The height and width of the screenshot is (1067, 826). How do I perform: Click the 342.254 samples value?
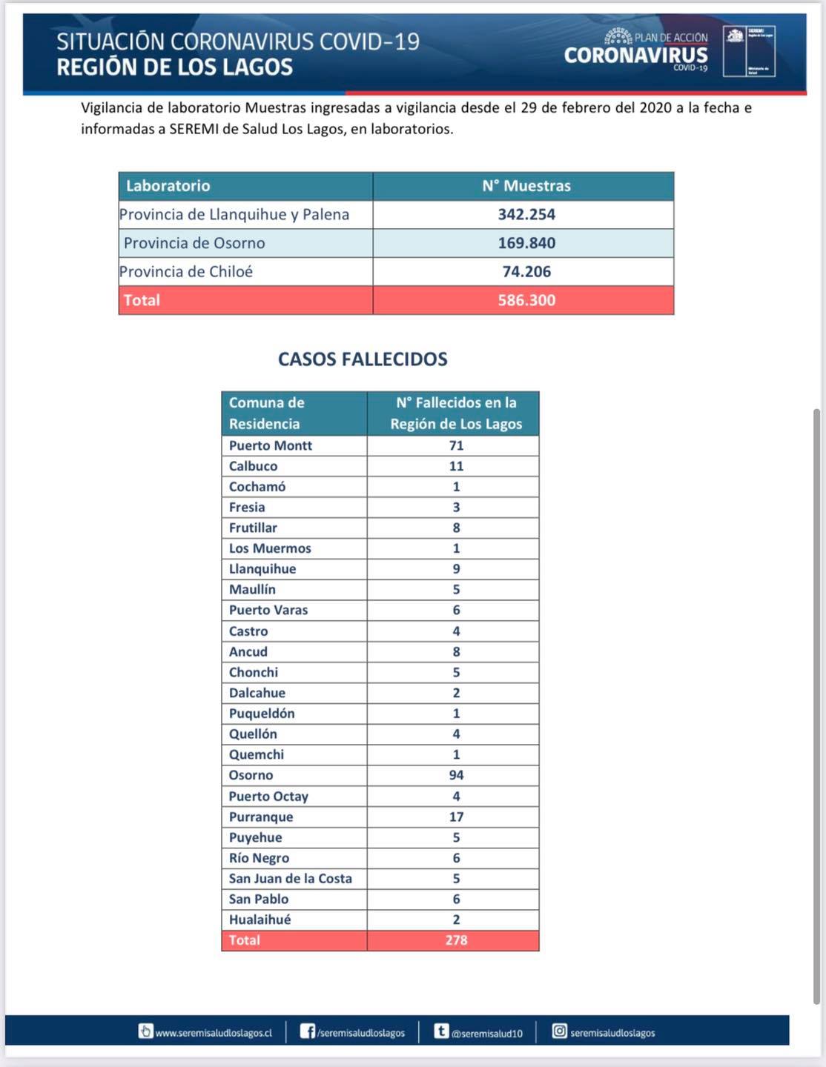coord(526,214)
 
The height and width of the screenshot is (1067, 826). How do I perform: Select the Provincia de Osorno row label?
coord(194,243)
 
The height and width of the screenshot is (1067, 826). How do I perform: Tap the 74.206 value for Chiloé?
coord(526,271)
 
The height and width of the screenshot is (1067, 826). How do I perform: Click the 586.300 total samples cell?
coord(526,300)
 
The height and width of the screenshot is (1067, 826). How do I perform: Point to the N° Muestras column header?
coord(526,186)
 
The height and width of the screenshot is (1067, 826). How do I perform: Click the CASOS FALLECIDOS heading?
coord(363,359)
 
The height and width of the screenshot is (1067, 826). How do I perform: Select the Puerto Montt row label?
coord(270,445)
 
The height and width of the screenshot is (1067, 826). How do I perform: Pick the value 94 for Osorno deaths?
coord(456,775)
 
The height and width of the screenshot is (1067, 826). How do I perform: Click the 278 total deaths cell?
coord(456,940)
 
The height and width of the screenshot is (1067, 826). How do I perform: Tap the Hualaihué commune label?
coord(260,920)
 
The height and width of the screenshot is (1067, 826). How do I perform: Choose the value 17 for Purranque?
coord(456,817)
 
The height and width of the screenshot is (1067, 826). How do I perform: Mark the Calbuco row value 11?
coord(456,466)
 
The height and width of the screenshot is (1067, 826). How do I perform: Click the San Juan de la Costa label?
coord(290,878)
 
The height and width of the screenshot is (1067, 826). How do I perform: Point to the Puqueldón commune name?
coord(261,714)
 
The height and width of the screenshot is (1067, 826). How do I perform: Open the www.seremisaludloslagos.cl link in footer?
coord(214,1032)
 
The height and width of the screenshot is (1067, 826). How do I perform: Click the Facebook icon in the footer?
coord(307,1031)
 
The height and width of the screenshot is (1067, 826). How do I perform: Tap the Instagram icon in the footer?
coord(559,1031)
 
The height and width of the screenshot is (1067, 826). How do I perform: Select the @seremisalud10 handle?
coord(487,1033)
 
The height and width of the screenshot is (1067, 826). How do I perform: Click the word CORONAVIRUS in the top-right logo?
coord(635,55)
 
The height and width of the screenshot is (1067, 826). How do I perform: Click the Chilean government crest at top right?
coord(734,36)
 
